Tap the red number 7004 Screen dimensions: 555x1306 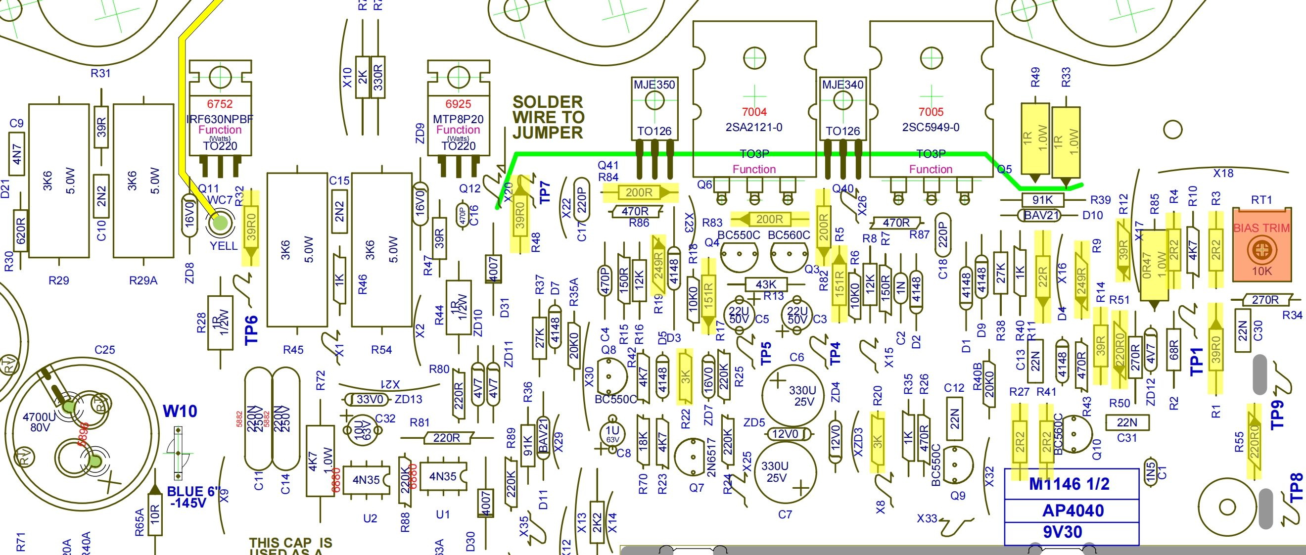(x=754, y=111)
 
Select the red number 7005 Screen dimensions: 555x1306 (x=931, y=111)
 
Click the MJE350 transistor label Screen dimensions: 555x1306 (x=654, y=85)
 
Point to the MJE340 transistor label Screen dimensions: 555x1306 (x=842, y=85)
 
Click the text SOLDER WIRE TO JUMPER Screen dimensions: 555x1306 (x=548, y=117)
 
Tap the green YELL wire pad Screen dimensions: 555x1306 (x=220, y=222)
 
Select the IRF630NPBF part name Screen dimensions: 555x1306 (x=220, y=119)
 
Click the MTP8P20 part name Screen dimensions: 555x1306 (x=458, y=119)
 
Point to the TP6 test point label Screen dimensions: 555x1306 (x=251, y=330)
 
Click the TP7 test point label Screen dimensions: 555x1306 (x=545, y=192)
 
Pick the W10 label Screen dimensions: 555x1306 (x=180, y=411)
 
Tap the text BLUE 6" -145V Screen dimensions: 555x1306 (x=192, y=497)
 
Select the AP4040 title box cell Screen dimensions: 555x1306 (x=1073, y=510)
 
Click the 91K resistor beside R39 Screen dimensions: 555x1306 (x=1042, y=200)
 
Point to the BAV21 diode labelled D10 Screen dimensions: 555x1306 (x=1041, y=215)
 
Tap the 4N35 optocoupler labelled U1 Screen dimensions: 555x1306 (x=443, y=476)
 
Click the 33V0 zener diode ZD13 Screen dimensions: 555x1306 (x=370, y=399)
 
